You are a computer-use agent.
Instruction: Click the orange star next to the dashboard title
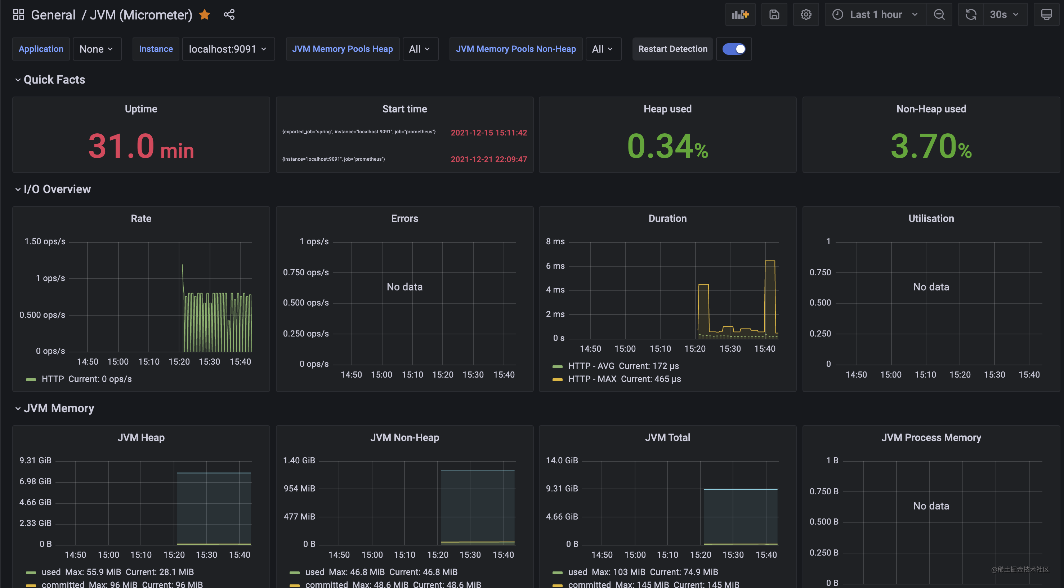click(205, 15)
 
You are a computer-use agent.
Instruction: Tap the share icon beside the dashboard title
click(229, 15)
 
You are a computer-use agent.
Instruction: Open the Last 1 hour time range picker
click(875, 15)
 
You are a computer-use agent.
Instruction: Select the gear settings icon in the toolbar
click(805, 15)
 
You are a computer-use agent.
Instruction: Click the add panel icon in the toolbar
click(740, 15)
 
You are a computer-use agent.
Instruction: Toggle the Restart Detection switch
click(734, 49)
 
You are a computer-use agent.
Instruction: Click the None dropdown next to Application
click(97, 49)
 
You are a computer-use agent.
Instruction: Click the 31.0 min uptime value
click(141, 146)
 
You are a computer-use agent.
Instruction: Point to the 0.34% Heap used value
click(667, 146)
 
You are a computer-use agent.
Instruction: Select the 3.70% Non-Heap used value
click(931, 146)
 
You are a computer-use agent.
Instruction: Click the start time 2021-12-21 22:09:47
click(489, 160)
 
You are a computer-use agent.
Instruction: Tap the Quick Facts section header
click(54, 80)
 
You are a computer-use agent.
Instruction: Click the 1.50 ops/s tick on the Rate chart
click(45, 241)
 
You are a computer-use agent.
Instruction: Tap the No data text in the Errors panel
click(404, 287)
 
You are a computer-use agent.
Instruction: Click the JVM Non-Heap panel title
click(404, 438)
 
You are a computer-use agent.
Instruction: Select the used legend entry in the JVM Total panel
click(577, 572)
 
